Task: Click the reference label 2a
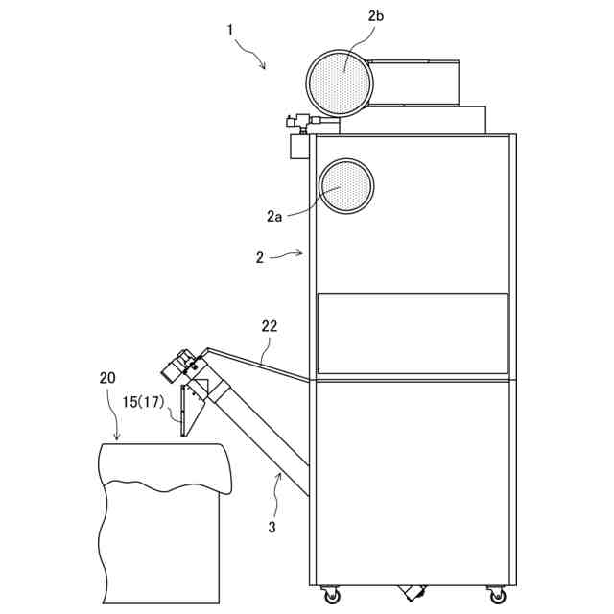(x=274, y=217)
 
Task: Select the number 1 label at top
(x=230, y=30)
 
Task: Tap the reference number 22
(x=270, y=327)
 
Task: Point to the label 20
(x=108, y=377)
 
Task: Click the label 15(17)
(x=141, y=402)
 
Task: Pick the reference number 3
(x=272, y=526)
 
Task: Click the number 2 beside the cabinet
(x=260, y=257)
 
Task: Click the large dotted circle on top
(x=339, y=82)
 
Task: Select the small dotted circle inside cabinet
(x=346, y=186)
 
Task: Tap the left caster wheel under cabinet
(x=332, y=596)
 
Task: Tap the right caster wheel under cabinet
(x=497, y=596)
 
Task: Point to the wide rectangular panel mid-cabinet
(x=413, y=333)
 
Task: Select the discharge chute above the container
(x=196, y=408)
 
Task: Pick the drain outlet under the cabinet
(x=413, y=592)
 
